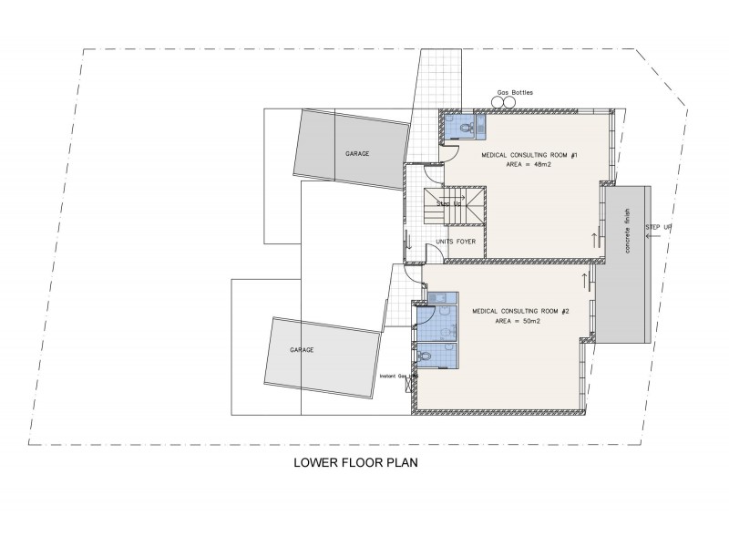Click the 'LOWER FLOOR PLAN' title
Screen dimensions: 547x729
pos(354,462)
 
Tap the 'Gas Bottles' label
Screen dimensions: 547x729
pos(514,93)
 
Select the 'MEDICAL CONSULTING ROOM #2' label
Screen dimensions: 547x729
pos(520,312)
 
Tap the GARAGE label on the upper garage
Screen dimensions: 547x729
pos(357,153)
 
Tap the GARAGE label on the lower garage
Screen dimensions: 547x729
pos(302,349)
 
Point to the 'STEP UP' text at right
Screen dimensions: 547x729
pos(658,226)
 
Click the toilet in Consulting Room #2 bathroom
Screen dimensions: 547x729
pos(426,356)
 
